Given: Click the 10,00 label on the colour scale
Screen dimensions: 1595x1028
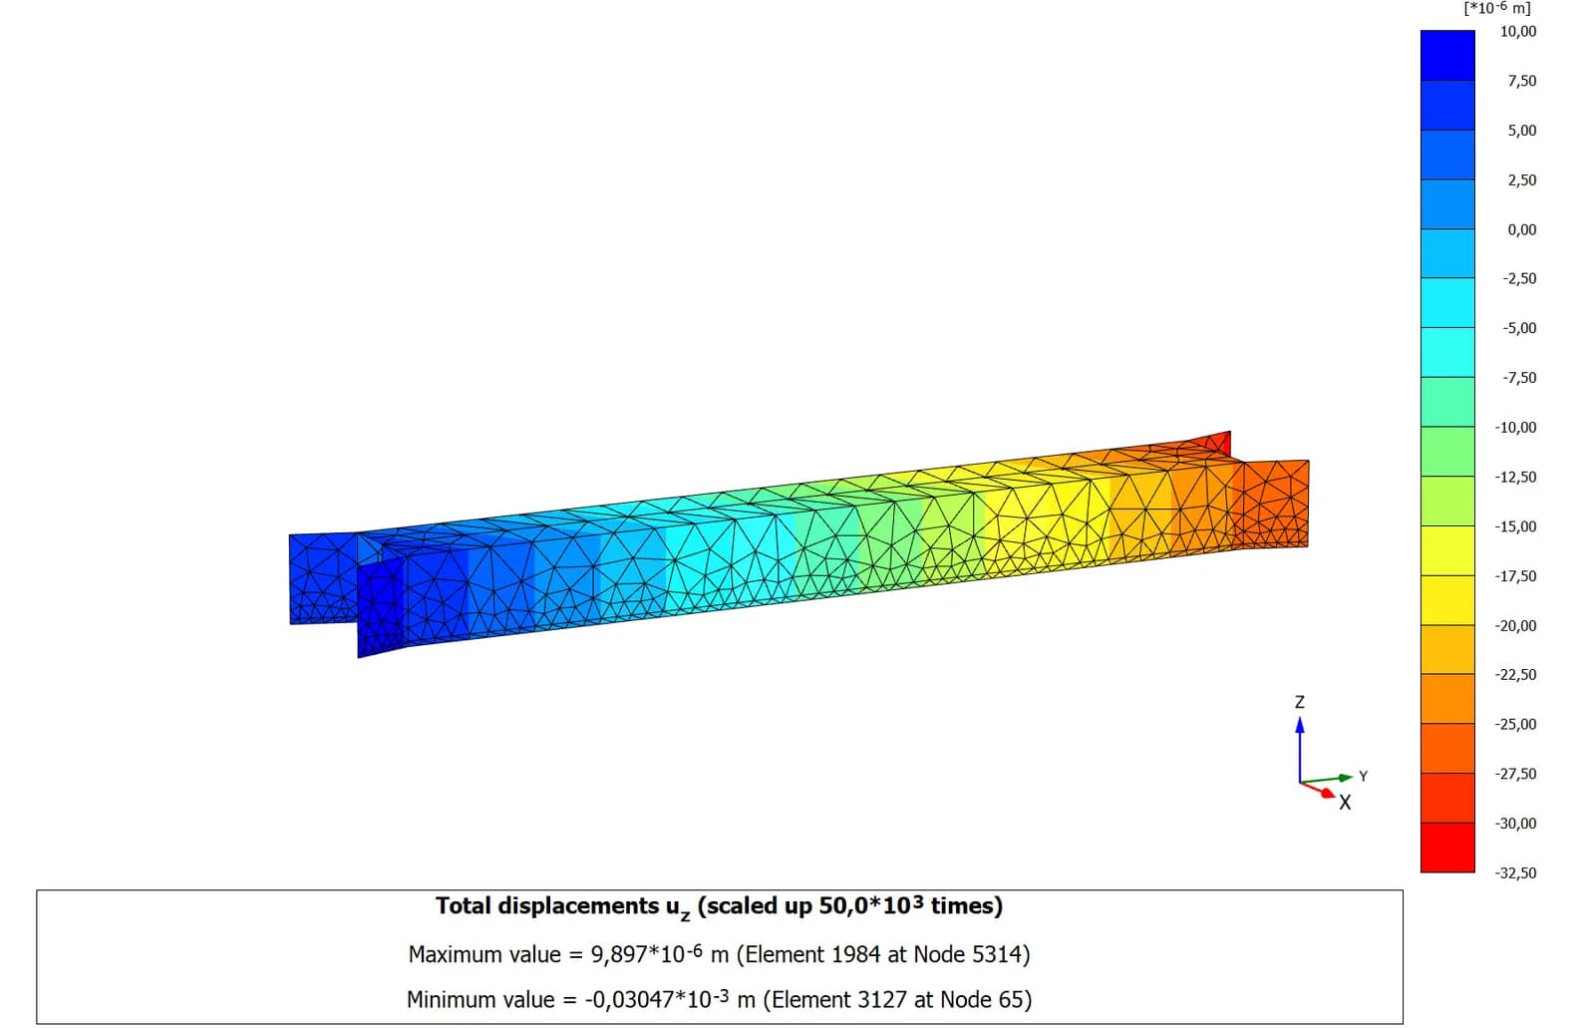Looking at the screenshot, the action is pyautogui.click(x=1518, y=31).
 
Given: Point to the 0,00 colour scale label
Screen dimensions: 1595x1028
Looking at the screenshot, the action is pyautogui.click(x=1521, y=229).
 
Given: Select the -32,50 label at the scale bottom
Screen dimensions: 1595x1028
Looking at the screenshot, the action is pyautogui.click(x=1515, y=872).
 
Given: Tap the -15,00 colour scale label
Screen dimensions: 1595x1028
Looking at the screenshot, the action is pyautogui.click(x=1515, y=526).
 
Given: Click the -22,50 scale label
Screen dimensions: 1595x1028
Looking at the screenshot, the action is pyautogui.click(x=1515, y=675).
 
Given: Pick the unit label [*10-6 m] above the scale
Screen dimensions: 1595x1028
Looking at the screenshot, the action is pyautogui.click(x=1496, y=9).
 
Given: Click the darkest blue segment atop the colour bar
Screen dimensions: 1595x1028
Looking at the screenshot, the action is pyautogui.click(x=1447, y=55).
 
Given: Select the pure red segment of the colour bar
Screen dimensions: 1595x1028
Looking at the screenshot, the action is pyautogui.click(x=1447, y=848).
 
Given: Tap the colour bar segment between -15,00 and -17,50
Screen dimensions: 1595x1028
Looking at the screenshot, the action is pyautogui.click(x=1447, y=550).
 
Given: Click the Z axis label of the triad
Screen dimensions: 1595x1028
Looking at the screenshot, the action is pyautogui.click(x=1300, y=702).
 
